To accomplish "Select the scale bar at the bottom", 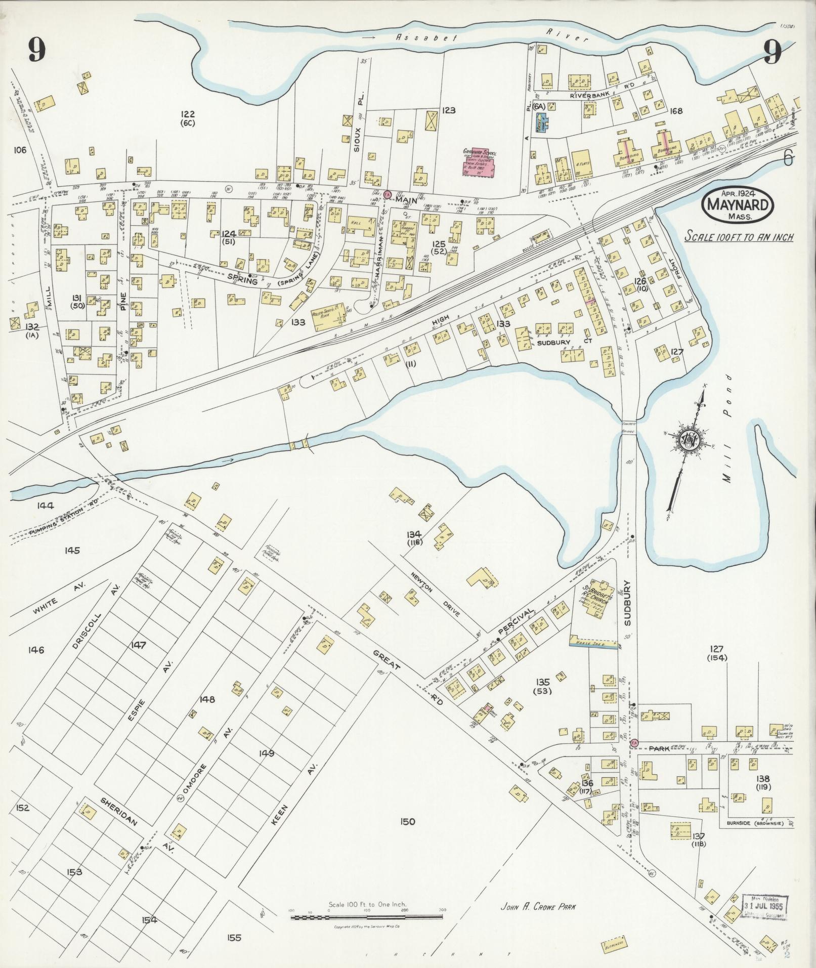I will click(367, 916).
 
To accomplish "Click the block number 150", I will click(406, 822).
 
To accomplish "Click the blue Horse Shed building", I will click(594, 643).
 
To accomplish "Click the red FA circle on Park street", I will click(634, 742).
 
